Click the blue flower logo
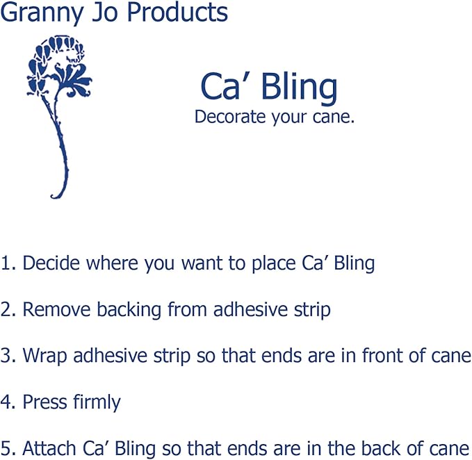(59, 104)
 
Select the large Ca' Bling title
(268, 87)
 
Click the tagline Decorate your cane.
(275, 117)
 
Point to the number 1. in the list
(8, 263)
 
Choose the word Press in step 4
(42, 402)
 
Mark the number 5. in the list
(8, 448)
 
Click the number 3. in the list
(8, 356)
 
